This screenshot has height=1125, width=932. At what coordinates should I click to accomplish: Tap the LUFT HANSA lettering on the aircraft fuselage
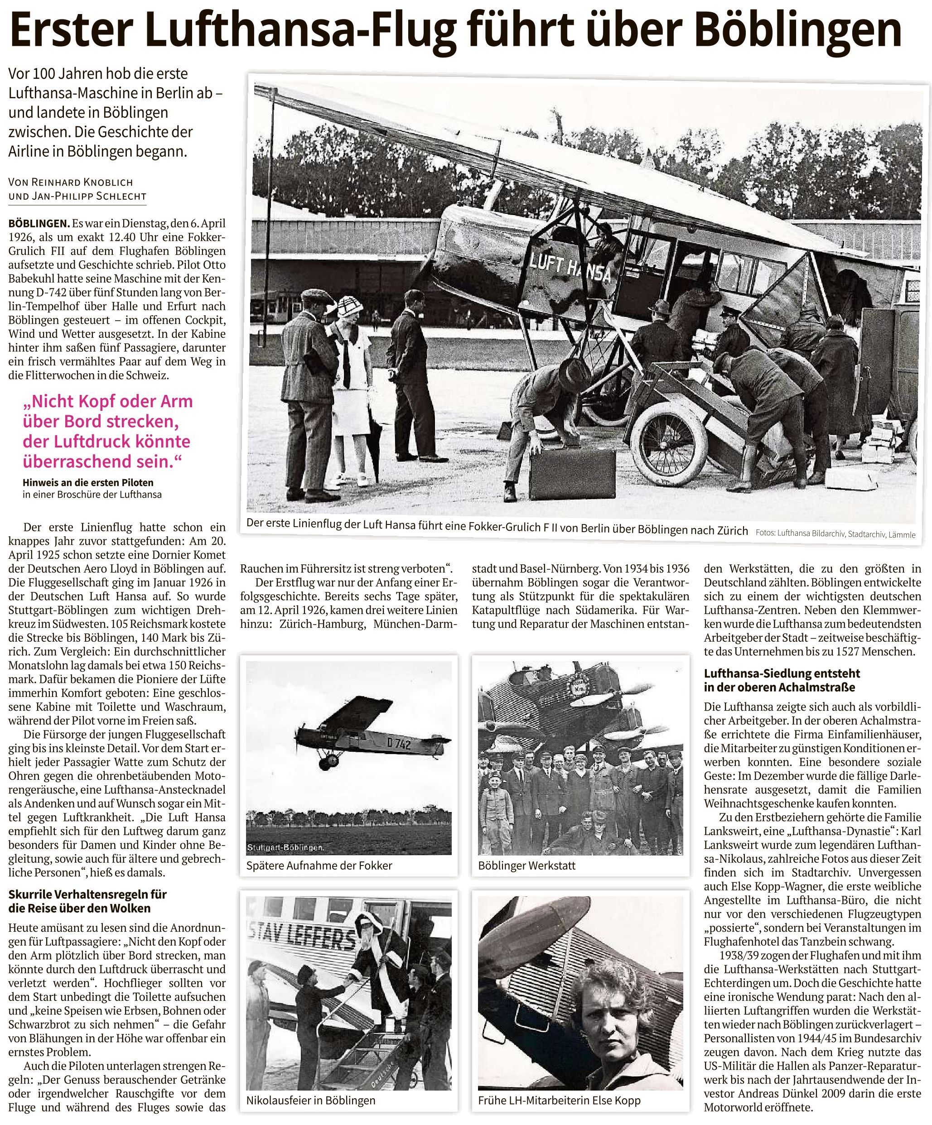pos(570,269)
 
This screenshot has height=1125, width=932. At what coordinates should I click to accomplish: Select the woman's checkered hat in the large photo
pos(349,309)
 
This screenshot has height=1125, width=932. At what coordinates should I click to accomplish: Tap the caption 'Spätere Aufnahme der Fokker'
pos(319,865)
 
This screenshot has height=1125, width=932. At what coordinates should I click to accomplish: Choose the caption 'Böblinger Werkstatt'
pos(527,865)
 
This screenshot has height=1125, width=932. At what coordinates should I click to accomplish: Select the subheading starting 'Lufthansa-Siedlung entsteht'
pos(782,680)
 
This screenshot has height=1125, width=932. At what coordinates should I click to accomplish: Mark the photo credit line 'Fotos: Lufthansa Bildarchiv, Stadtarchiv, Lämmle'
pos(835,534)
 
